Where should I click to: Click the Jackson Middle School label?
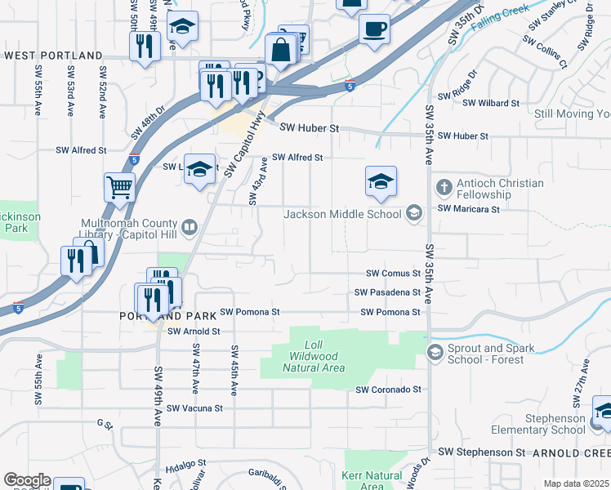point(342,214)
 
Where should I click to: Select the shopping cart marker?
point(119,187)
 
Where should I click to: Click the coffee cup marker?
point(375,29)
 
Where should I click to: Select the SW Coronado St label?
point(388,390)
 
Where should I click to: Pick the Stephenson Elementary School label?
point(538,424)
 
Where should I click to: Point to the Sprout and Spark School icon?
point(434,353)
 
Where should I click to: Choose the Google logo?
point(27,480)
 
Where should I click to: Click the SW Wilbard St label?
point(491,103)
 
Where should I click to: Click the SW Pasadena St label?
point(387,292)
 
